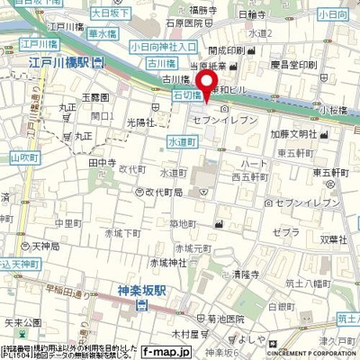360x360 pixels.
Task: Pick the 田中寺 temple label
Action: point(101,163)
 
